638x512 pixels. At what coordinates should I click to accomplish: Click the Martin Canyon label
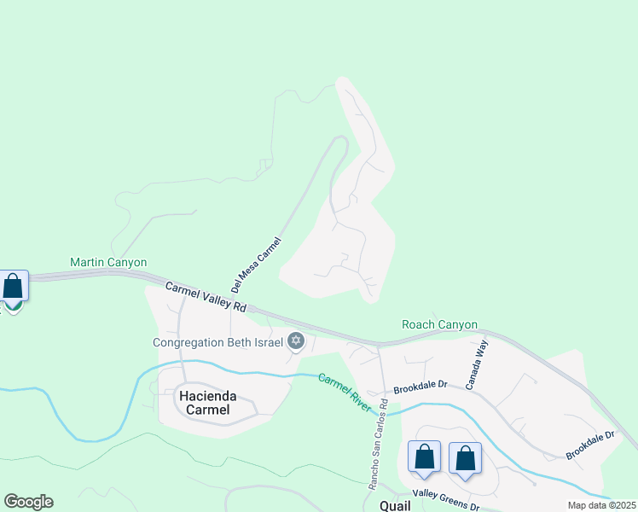coord(108,262)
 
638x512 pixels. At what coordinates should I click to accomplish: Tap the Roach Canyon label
coord(439,325)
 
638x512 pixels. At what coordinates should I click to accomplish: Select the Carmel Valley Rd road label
coord(206,296)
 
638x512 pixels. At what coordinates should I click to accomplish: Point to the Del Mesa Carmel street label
coord(255,265)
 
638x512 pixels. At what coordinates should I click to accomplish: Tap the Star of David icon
coord(296,342)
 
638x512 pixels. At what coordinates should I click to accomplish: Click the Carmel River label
coord(345,393)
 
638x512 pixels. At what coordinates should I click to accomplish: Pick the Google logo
coord(28,502)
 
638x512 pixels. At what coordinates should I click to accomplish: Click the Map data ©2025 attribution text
coord(601,505)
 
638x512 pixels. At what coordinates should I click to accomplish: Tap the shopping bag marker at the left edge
coord(13,287)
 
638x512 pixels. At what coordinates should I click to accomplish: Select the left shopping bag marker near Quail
coord(424,457)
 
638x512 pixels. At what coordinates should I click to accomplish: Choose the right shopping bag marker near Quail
coord(465,458)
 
